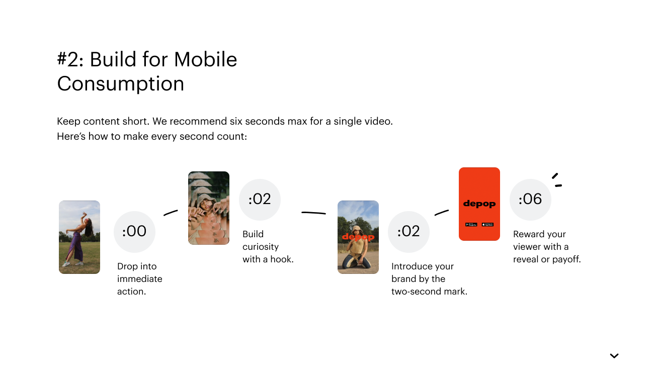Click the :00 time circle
pyautogui.click(x=134, y=232)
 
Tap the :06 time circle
pyautogui.click(x=530, y=200)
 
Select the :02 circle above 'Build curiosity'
pyautogui.click(x=260, y=200)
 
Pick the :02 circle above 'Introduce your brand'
pyautogui.click(x=408, y=232)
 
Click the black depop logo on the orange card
pyautogui.click(x=479, y=204)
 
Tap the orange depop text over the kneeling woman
pyautogui.click(x=358, y=237)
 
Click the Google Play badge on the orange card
pyautogui.click(x=471, y=224)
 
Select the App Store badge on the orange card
pyautogui.click(x=487, y=224)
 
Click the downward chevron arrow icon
pyautogui.click(x=614, y=356)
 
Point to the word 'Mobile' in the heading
pyautogui.click(x=205, y=59)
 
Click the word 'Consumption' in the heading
pyautogui.click(x=121, y=84)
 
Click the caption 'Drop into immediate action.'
pyautogui.click(x=139, y=279)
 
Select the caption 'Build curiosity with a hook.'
pyautogui.click(x=268, y=247)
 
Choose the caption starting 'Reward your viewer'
pyautogui.click(x=547, y=247)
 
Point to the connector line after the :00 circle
pyautogui.click(x=171, y=213)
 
